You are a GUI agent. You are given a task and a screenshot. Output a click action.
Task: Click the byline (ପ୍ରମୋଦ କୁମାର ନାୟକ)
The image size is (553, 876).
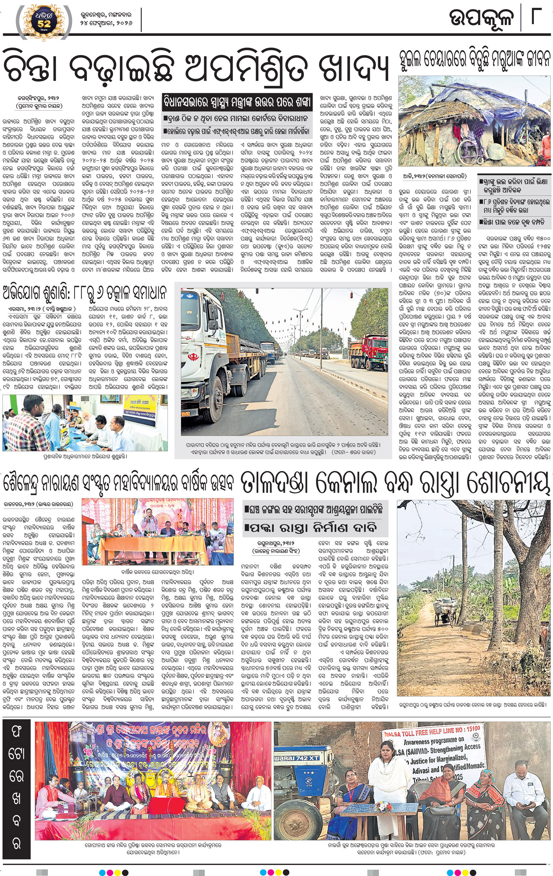pyautogui.click(x=39, y=106)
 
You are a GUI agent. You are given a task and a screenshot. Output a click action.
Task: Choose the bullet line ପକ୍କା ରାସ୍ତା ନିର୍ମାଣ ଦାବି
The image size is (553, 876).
pyautogui.click(x=311, y=528)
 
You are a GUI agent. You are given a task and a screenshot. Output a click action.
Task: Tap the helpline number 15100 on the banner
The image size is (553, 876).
pyautogui.click(x=473, y=728)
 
